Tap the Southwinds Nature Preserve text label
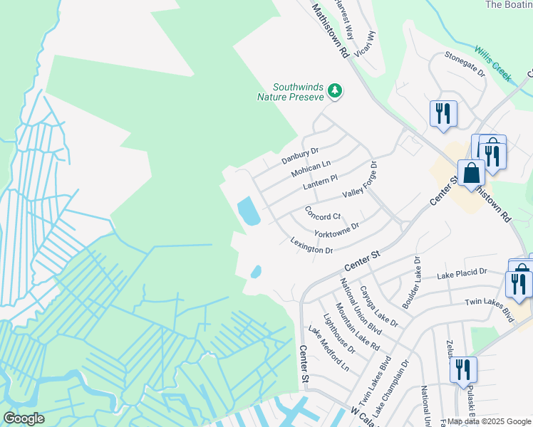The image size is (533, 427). [x=291, y=92]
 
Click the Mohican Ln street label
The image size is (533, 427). [x=311, y=169]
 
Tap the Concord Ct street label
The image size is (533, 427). [x=323, y=213]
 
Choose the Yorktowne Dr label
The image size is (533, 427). [x=335, y=229]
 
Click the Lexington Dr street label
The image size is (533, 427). [x=311, y=246]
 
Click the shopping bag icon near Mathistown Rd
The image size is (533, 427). [x=471, y=172]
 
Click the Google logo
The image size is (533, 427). [x=24, y=418]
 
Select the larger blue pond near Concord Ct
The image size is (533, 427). [x=248, y=211]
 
